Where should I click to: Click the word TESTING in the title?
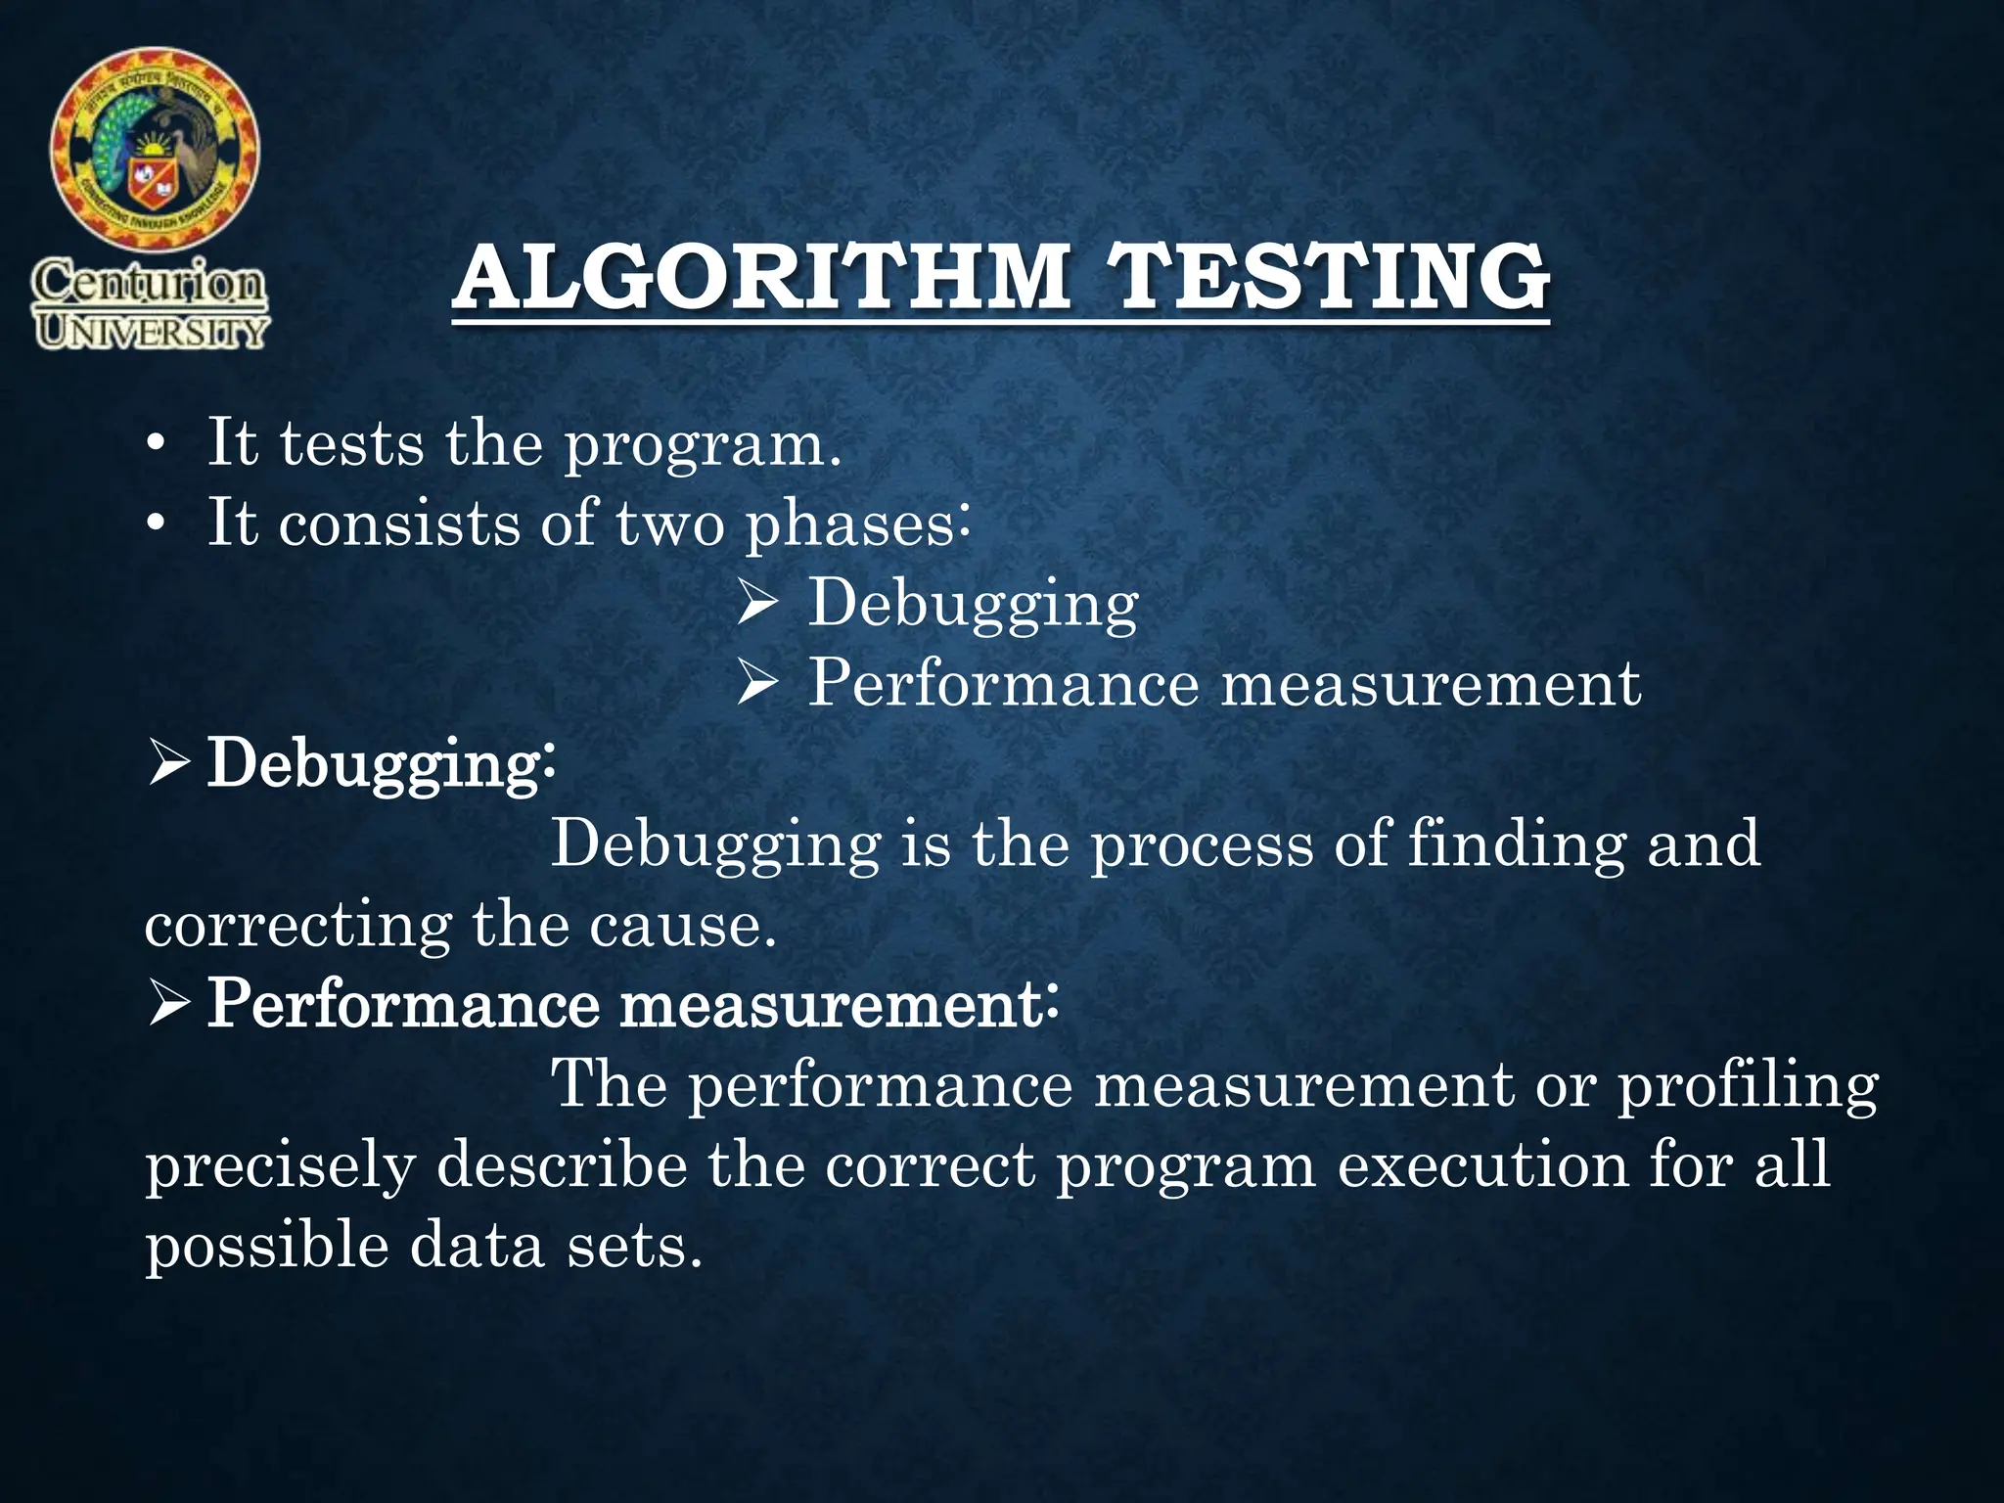coord(1331,277)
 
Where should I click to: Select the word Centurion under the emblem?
coord(149,285)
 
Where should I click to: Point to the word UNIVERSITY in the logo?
coord(151,332)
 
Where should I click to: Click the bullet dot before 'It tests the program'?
coord(154,447)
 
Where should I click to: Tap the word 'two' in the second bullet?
coord(670,524)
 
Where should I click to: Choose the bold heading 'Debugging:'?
coord(382,764)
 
